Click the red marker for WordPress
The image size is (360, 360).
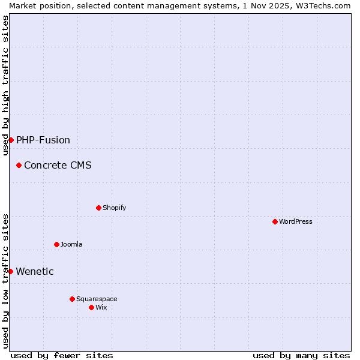coord(275,221)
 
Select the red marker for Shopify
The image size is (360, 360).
coord(98,208)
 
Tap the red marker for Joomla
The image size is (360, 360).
coord(56,244)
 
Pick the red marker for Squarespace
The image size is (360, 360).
coord(72,299)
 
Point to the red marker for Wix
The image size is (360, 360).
coord(91,307)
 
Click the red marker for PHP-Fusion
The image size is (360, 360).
coord(11,140)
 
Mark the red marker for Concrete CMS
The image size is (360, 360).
coord(19,165)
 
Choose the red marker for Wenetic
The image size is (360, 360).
coord(10,271)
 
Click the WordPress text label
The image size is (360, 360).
coord(296,221)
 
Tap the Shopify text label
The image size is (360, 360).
coord(114,208)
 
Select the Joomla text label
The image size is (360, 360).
coord(71,244)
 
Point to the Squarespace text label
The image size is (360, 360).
coord(97,299)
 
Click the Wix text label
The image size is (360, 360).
coord(101,307)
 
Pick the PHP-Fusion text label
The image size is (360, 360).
coord(43,140)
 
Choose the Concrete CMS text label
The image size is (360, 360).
coord(58,166)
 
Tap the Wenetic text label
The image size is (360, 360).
coord(35,272)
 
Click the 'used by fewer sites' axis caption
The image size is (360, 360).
coord(62,355)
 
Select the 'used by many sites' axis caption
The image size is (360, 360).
coord(301,355)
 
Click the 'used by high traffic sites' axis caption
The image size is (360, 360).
coord(5,85)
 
